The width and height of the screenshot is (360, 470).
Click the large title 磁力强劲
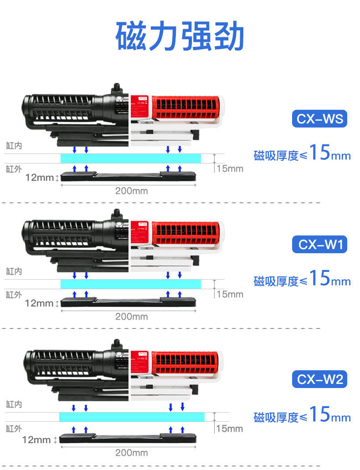[x=180, y=36]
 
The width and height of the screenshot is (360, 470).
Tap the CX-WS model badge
[x=319, y=119]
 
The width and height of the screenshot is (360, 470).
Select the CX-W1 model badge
[x=319, y=245]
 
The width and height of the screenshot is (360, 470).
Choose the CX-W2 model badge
[x=319, y=379]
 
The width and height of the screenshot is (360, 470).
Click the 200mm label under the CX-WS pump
[x=131, y=191]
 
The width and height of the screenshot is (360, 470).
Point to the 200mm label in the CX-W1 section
[x=131, y=317]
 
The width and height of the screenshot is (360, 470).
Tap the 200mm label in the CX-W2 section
[x=131, y=453]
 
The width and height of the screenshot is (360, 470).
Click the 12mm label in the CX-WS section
[x=39, y=178]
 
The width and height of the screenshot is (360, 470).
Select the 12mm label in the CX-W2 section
[x=36, y=440]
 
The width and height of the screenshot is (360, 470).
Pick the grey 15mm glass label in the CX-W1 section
[x=230, y=294]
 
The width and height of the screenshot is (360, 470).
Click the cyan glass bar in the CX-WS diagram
[x=131, y=158]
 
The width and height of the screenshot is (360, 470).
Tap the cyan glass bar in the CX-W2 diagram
[x=132, y=417]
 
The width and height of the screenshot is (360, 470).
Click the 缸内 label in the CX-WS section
[x=14, y=145]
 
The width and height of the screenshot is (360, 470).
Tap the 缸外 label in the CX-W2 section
[x=14, y=429]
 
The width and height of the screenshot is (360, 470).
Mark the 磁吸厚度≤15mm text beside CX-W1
[x=302, y=279]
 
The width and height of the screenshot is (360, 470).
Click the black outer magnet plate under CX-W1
[x=129, y=301]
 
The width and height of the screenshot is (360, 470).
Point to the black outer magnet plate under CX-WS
[x=129, y=176]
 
